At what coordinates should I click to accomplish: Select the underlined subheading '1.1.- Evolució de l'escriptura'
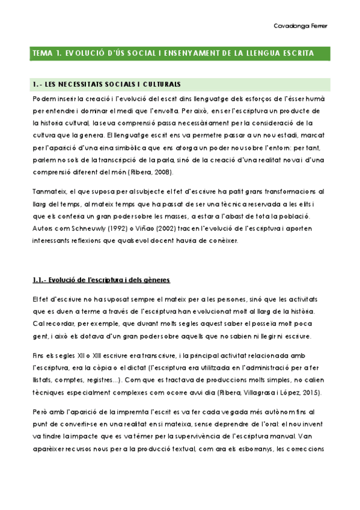click(x=102, y=280)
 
